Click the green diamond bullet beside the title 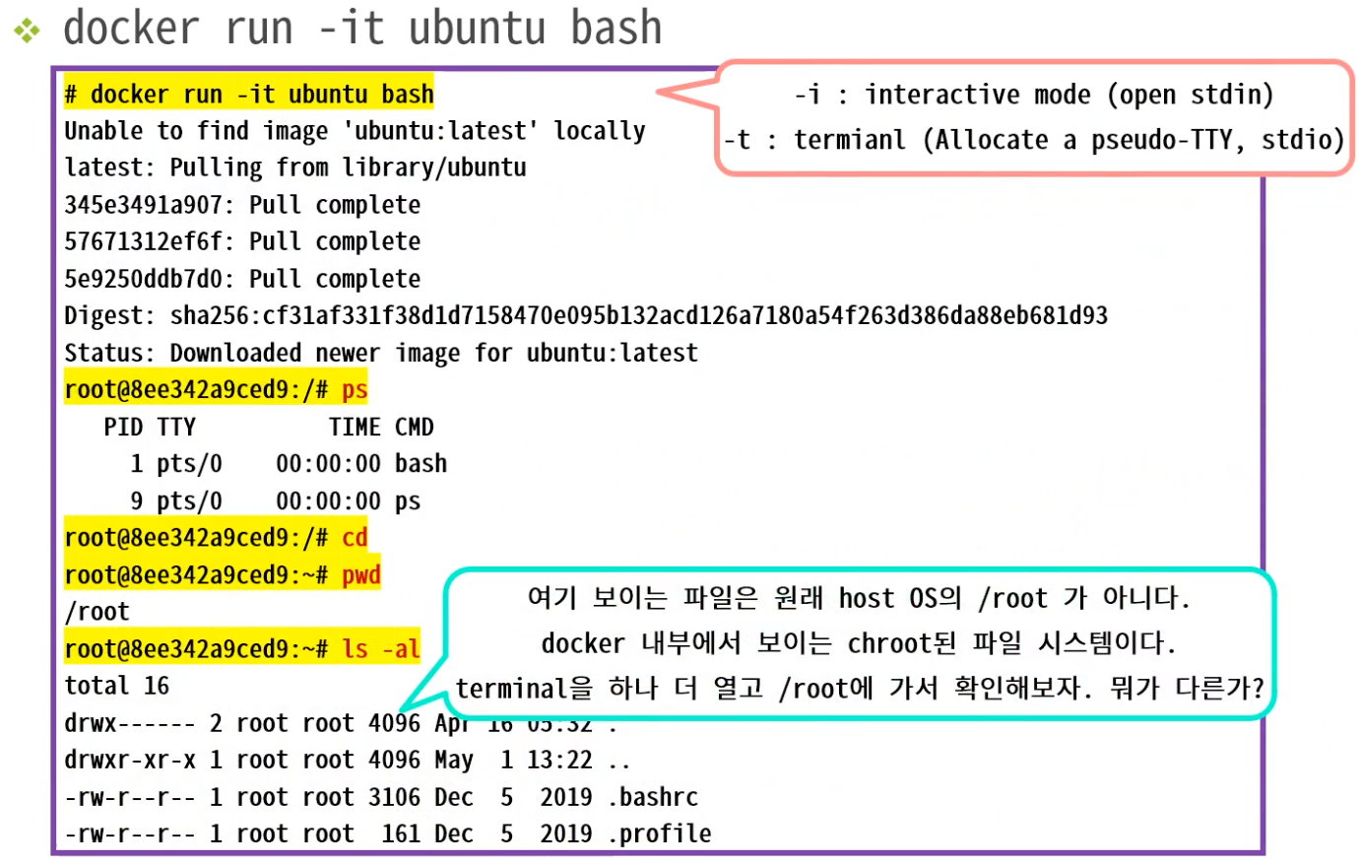27,31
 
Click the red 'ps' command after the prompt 355,390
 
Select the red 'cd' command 355,538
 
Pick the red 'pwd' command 361,575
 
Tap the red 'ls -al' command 381,649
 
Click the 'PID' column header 123,428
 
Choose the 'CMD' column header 414,428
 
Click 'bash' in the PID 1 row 421,464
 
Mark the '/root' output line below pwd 97,612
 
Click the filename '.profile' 659,834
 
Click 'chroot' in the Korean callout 887,643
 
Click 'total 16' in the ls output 116,686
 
